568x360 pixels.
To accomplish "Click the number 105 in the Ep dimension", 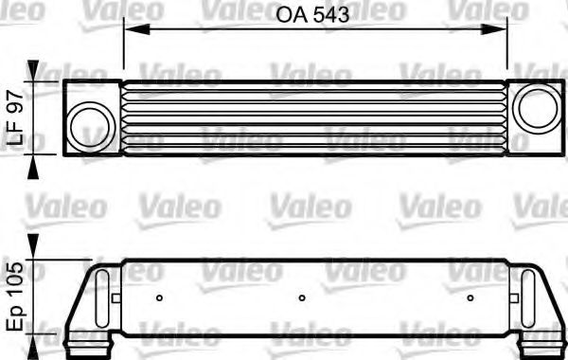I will pos(14,279).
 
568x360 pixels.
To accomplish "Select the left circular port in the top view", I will pos(92,117).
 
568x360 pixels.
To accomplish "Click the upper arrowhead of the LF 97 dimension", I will pos(36,71).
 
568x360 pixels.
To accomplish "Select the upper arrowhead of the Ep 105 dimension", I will pos(36,243).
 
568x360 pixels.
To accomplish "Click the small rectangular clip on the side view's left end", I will pos(113,297).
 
